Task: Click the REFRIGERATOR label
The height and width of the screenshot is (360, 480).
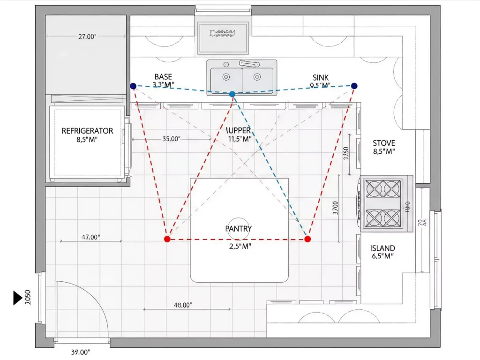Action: click(x=88, y=131)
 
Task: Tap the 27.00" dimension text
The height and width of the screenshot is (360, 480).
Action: click(x=87, y=37)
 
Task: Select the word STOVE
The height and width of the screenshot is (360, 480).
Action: click(x=383, y=143)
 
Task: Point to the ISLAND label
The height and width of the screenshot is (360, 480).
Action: click(x=382, y=248)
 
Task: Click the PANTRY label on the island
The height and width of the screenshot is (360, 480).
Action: click(x=239, y=229)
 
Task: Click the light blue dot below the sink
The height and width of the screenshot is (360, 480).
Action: click(x=232, y=94)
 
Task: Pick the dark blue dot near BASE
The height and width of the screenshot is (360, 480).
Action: click(x=133, y=86)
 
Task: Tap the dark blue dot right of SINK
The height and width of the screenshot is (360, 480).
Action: click(x=354, y=86)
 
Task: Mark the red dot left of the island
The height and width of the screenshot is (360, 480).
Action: click(x=167, y=239)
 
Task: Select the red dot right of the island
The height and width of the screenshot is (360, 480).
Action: click(x=307, y=239)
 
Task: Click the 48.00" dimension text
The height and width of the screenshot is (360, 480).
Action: click(x=183, y=305)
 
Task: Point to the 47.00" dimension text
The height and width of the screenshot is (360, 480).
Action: click(x=91, y=237)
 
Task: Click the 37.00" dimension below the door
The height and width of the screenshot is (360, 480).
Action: click(x=81, y=352)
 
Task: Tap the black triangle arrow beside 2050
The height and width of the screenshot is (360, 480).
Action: click(x=17, y=298)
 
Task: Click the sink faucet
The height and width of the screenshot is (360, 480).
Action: click(x=249, y=63)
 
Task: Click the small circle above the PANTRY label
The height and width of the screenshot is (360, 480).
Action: click(x=239, y=223)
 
